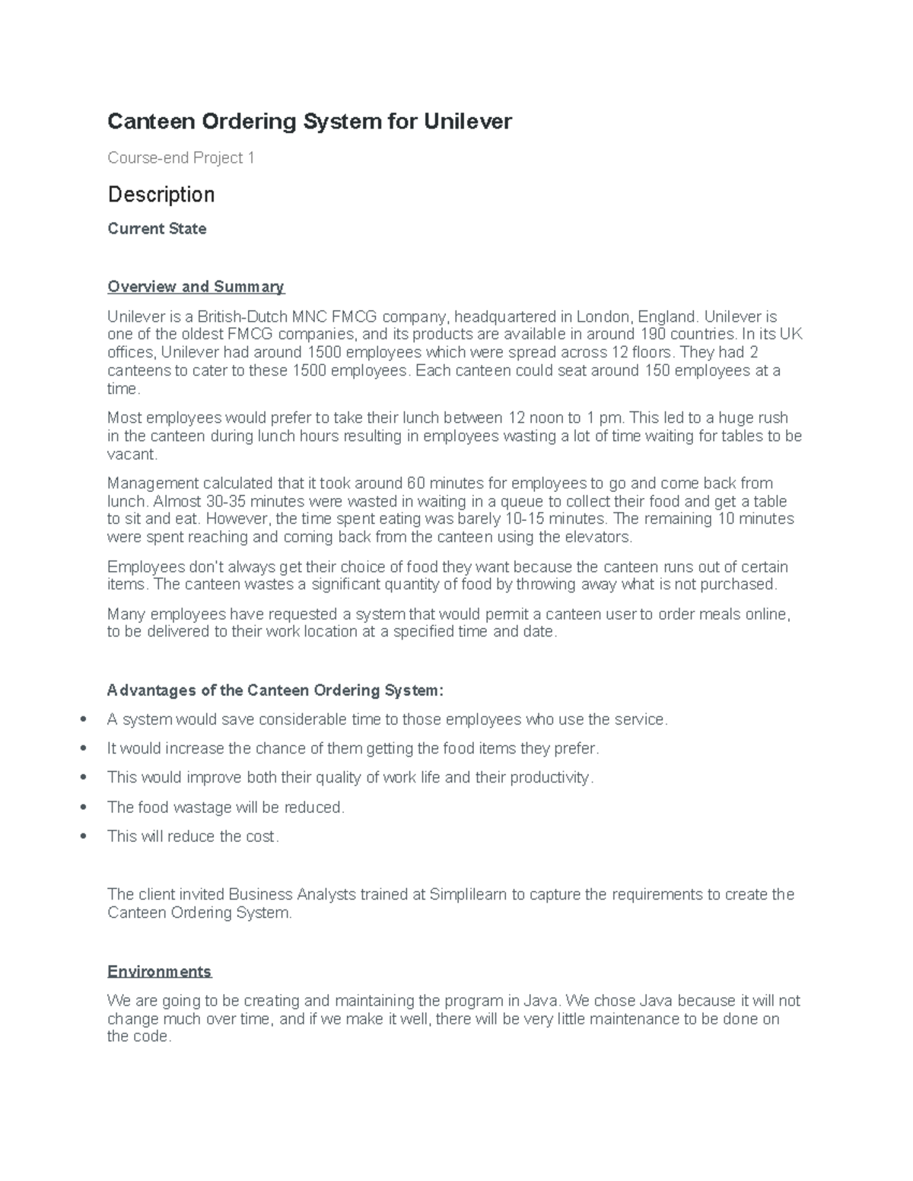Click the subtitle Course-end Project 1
[181, 158]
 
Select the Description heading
[161, 195]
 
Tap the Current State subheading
[157, 229]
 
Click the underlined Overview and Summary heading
[196, 287]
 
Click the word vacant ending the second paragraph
[132, 455]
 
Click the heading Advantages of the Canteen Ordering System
[275, 691]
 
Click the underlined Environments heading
[159, 972]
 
